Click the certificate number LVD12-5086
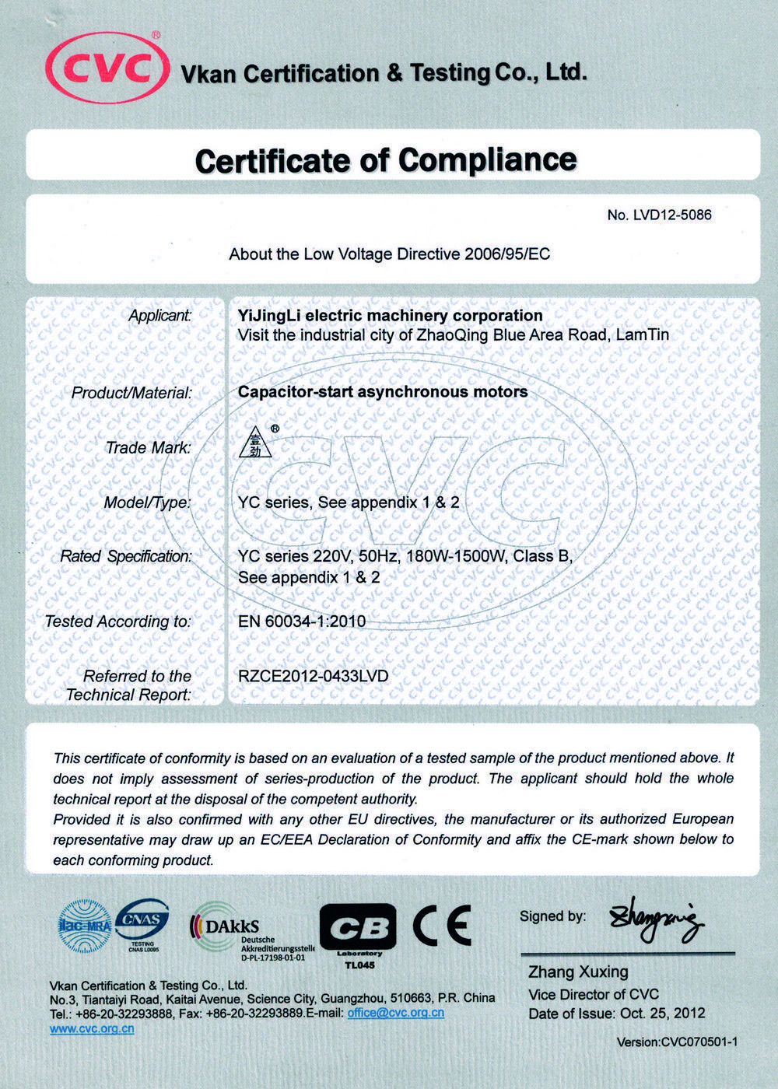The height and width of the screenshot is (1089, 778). (x=659, y=215)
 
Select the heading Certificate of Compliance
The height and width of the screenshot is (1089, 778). (x=386, y=160)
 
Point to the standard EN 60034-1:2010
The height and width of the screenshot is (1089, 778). (x=302, y=622)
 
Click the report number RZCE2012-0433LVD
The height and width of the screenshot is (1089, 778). (x=313, y=676)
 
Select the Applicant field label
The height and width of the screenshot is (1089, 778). (x=160, y=316)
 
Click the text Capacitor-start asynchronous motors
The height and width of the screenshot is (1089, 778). (x=383, y=392)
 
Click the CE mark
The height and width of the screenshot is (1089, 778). (x=441, y=925)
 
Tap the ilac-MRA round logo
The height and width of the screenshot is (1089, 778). (x=85, y=926)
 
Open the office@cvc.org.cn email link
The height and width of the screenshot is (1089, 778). (x=395, y=1013)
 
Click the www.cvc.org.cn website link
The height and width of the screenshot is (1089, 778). (x=92, y=1028)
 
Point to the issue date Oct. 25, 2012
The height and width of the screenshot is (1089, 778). (x=662, y=1014)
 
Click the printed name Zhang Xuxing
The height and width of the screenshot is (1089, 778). (x=578, y=972)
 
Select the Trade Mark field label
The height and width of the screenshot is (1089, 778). (x=148, y=448)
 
